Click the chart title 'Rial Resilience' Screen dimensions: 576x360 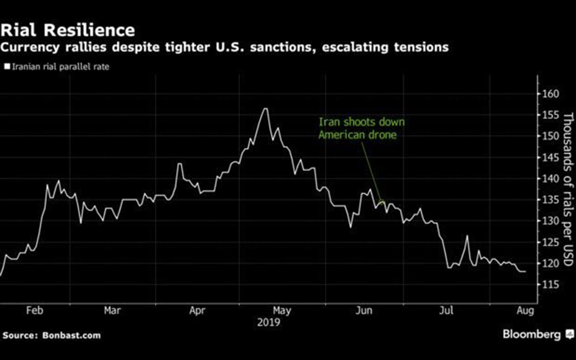coord(68,30)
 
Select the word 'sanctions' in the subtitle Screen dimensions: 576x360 coord(283,47)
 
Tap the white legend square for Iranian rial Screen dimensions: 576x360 coord(7,67)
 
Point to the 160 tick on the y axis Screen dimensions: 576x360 coord(550,94)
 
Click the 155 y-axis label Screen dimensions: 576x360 coord(550,115)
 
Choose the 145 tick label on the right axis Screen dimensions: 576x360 coord(550,158)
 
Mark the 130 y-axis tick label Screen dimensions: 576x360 coord(550,221)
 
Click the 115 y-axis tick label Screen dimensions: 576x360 coord(550,284)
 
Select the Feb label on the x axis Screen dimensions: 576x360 coord(35,311)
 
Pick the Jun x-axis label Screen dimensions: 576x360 coord(364,311)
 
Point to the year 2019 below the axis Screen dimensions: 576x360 coord(269,322)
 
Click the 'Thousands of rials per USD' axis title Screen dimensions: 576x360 coord(568,189)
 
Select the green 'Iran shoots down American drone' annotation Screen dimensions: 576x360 coord(361,128)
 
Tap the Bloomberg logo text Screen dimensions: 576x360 coord(532,334)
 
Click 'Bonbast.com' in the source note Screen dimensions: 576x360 coord(72,335)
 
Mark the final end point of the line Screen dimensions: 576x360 coord(526,272)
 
